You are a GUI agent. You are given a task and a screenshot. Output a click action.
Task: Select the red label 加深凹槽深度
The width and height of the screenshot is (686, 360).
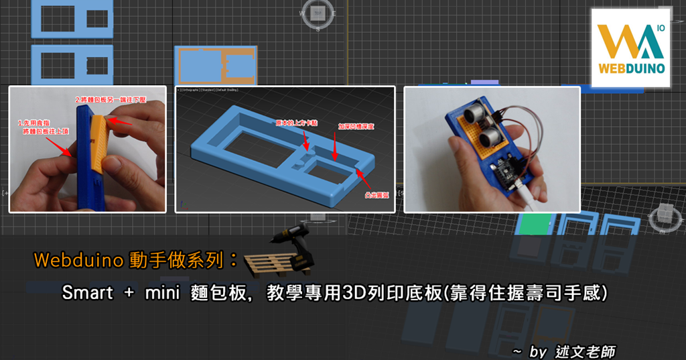358,126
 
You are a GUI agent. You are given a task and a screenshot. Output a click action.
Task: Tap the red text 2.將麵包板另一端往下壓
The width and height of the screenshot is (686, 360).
110,100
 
